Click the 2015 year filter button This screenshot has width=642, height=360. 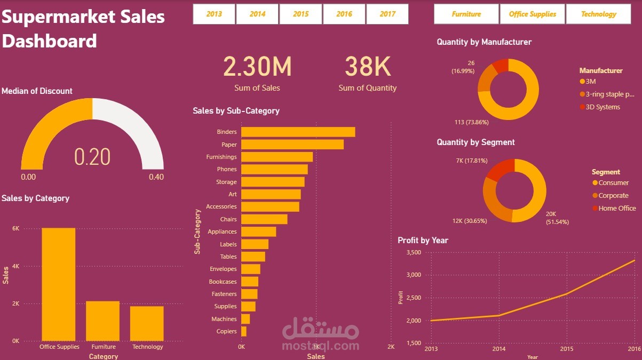(301, 14)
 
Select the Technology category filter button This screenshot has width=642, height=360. (599, 14)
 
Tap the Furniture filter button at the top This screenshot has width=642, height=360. (466, 14)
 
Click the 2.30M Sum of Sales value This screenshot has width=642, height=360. (257, 67)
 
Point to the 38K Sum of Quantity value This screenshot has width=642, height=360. (368, 67)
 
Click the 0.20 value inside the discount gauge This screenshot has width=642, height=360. (92, 157)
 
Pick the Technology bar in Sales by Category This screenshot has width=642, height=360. (147, 323)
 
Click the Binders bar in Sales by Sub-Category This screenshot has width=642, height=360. (298, 132)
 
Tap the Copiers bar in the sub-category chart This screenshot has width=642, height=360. (244, 331)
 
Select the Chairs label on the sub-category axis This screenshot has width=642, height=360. (228, 219)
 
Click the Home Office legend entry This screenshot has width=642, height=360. (617, 209)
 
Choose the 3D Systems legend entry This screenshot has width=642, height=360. (603, 107)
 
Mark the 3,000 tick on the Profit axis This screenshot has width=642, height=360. (413, 275)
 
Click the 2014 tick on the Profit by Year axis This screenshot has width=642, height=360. (499, 349)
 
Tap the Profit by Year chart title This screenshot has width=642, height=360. (423, 241)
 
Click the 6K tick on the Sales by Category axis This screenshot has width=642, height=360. (15, 228)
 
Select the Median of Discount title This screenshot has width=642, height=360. (37, 91)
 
